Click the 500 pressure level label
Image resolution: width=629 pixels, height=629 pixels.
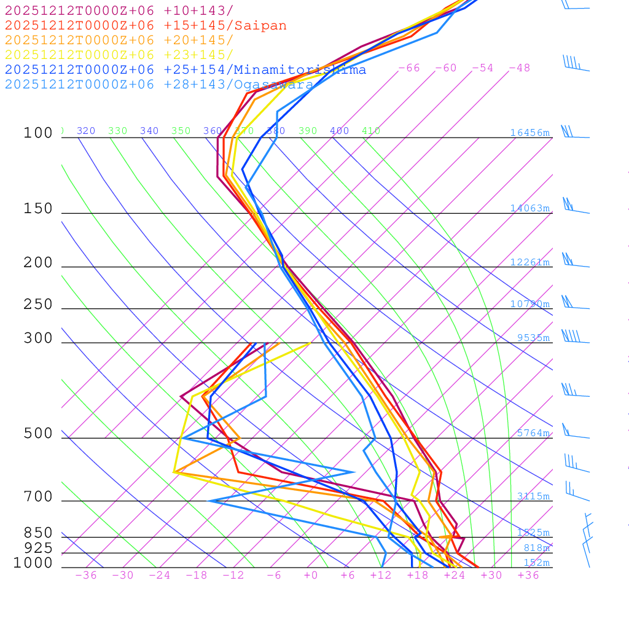(x=38, y=434)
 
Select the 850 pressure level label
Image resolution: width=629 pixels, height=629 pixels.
(x=38, y=533)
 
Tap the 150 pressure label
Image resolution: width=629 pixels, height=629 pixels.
(x=38, y=209)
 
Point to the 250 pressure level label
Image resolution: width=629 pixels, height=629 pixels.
(x=38, y=305)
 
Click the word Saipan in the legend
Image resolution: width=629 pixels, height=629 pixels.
(x=260, y=26)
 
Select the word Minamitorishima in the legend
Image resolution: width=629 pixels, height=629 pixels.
(x=300, y=69)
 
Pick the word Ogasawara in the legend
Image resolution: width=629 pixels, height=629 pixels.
(x=273, y=84)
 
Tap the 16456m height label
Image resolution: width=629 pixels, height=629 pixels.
(x=529, y=133)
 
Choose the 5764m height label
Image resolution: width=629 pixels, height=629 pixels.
(x=533, y=433)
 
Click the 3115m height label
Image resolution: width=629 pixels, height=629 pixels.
(x=533, y=496)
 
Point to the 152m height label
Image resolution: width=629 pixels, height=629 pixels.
(x=536, y=563)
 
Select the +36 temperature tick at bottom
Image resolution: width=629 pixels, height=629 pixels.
(x=528, y=575)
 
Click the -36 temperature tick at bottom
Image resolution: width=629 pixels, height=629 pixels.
(x=86, y=575)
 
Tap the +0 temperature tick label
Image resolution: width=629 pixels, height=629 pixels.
(x=311, y=575)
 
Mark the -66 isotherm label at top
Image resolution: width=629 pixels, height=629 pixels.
(x=409, y=68)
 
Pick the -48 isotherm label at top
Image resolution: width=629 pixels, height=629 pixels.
(x=519, y=68)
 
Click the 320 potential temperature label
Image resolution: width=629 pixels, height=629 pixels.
(x=86, y=131)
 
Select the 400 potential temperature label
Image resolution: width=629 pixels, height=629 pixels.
(x=339, y=131)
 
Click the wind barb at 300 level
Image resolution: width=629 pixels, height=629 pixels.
(x=571, y=337)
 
